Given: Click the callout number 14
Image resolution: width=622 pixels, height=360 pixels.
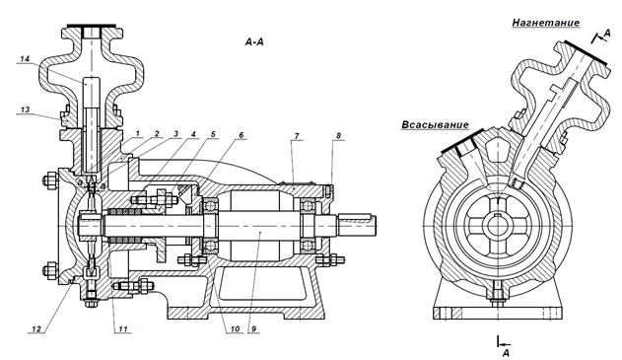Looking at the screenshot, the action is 25,59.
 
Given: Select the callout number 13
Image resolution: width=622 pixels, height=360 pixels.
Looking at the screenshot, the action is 25,109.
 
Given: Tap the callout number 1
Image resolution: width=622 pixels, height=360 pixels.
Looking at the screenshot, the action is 138,134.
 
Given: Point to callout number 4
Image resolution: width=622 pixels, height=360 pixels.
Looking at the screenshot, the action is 193,134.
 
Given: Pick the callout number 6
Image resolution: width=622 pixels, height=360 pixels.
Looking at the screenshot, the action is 241,135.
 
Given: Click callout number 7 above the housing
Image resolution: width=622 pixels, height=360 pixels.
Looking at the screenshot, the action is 297,136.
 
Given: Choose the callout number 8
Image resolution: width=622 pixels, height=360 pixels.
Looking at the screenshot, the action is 338,136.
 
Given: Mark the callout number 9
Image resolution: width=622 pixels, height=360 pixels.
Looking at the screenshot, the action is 253,328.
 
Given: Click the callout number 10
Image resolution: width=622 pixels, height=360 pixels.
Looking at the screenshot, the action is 235,328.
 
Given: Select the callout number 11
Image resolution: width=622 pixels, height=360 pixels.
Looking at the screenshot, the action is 122,328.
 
